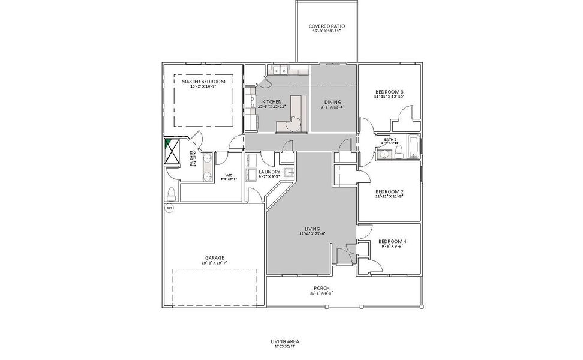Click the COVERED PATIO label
(x=326, y=26)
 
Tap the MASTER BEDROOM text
(x=203, y=82)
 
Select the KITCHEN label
(x=272, y=102)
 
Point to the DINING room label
(x=332, y=102)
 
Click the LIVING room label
(x=311, y=229)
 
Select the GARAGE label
(x=213, y=257)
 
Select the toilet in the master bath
(x=172, y=193)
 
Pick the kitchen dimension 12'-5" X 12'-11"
(x=272, y=107)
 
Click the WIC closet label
(x=229, y=175)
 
